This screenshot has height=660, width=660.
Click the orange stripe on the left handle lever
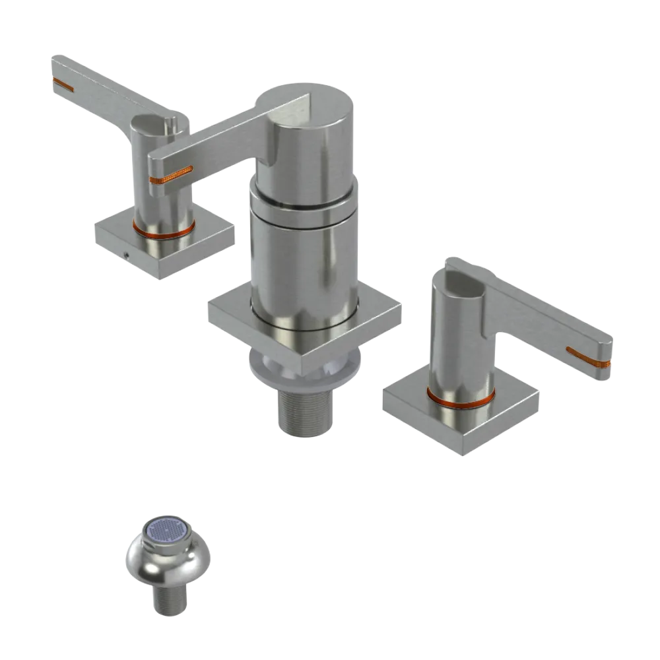(64, 84)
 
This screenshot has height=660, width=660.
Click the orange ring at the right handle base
(460, 398)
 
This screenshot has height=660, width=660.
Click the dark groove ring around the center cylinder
(304, 207)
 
